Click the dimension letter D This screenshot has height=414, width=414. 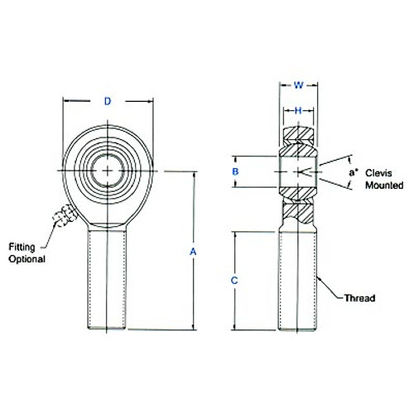[x=108, y=102]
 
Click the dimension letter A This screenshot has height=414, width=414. [x=194, y=251]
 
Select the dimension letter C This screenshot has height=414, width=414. [x=234, y=282]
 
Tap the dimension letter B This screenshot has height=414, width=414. [x=235, y=171]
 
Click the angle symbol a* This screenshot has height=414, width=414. [x=354, y=171]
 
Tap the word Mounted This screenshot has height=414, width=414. [x=383, y=177]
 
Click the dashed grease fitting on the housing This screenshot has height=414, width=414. [x=64, y=219]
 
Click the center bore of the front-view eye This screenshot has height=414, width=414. [x=108, y=170]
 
